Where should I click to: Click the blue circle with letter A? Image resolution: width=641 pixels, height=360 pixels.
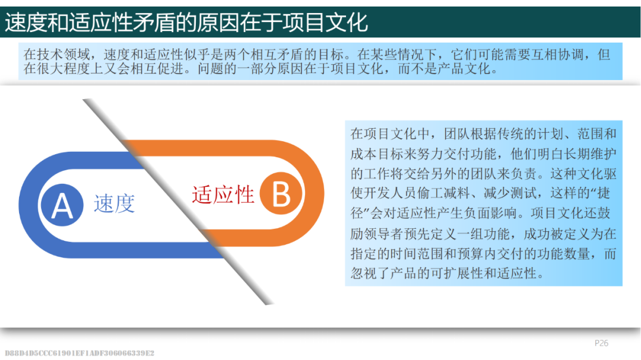point(62,205)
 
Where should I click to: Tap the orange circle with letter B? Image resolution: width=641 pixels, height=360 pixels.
point(281,193)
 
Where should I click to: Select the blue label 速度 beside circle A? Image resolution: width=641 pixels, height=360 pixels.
point(115,203)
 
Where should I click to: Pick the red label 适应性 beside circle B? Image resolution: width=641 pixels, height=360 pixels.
point(223,195)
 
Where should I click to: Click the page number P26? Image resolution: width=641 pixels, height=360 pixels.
point(601,343)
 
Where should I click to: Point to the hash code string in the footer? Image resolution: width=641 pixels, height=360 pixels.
point(80,353)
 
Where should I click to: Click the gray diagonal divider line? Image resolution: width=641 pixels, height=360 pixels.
point(178,202)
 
